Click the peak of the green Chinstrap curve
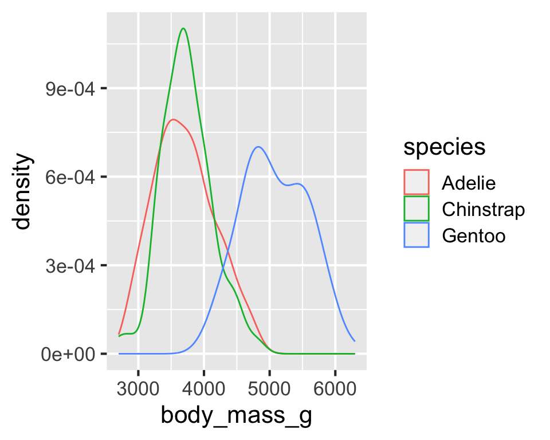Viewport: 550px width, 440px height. click(183, 29)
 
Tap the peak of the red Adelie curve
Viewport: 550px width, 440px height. click(173, 119)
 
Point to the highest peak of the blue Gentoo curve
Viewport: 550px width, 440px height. click(259, 147)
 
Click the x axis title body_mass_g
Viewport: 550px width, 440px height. click(236, 417)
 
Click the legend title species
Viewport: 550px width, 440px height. click(445, 147)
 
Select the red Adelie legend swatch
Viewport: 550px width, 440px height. click(417, 183)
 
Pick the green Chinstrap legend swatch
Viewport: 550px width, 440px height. click(417, 209)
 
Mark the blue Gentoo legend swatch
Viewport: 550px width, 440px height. click(417, 235)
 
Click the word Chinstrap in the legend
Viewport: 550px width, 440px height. click(483, 210)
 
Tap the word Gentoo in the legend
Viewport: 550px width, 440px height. click(473, 236)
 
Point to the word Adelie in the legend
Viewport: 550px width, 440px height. click(468, 183)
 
